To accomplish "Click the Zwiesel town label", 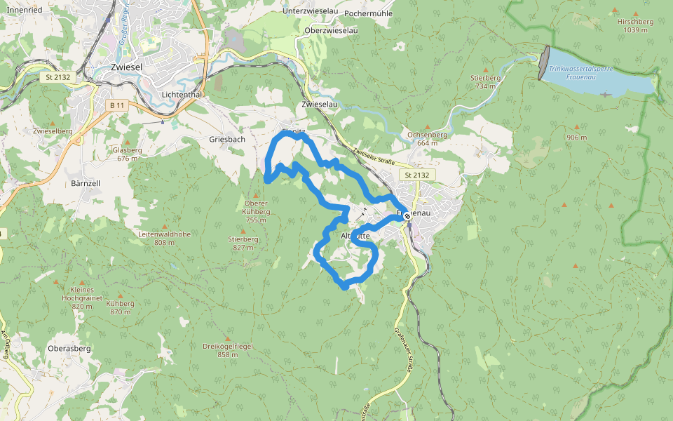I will click(127, 67).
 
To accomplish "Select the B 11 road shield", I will click(117, 105).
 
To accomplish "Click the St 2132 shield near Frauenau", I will click(416, 174).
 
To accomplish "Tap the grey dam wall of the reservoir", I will click(544, 62).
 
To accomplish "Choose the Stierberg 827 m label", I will click(243, 243).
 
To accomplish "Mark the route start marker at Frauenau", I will click(407, 218).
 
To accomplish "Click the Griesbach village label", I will click(227, 139).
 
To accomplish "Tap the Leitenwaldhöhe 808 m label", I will click(165, 238).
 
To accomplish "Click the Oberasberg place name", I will click(69, 348).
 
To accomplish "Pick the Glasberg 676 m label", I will click(127, 154).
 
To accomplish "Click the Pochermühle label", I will click(369, 13).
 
